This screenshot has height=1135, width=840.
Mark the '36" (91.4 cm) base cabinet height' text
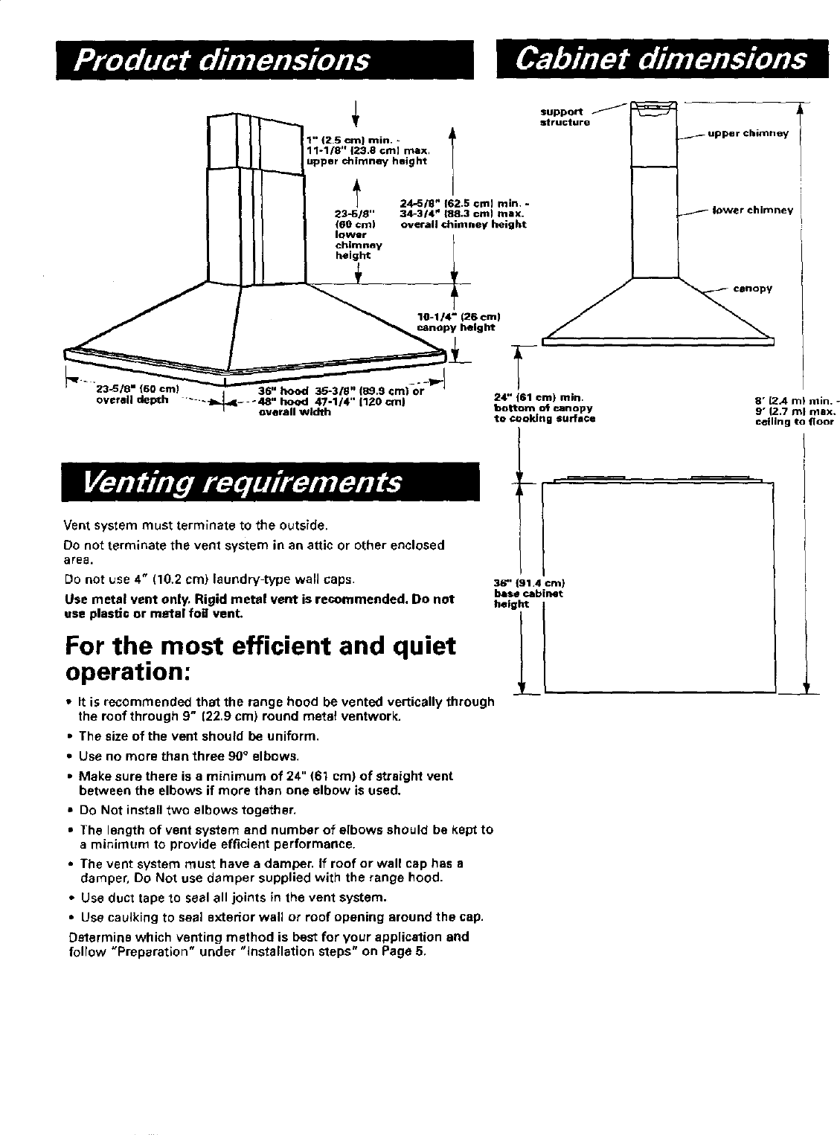[x=528, y=593]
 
